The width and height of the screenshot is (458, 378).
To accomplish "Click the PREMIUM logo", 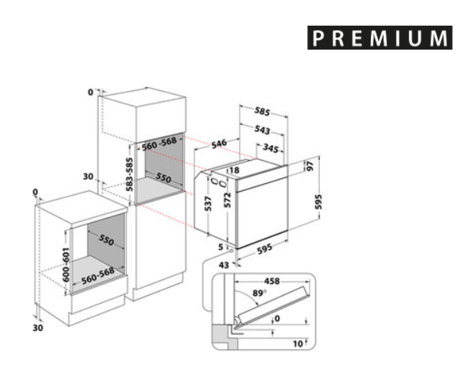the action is coord(380,38).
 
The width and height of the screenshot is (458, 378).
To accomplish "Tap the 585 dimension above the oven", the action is coord(262,111).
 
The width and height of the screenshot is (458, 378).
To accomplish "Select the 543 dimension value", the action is coord(262,130).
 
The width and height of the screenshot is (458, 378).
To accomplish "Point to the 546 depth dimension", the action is coord(219,144).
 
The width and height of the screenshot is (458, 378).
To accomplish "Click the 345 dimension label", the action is coord(270,148).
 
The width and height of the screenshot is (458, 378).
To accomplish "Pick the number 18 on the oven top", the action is coord(234,170).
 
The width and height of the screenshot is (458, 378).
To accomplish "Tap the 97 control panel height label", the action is coord(311,166).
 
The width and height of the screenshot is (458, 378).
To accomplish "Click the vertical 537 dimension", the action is coord(208,203).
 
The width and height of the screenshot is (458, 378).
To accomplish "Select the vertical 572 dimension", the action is coord(227,200).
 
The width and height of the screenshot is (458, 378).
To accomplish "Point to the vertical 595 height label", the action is coord(318,202).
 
